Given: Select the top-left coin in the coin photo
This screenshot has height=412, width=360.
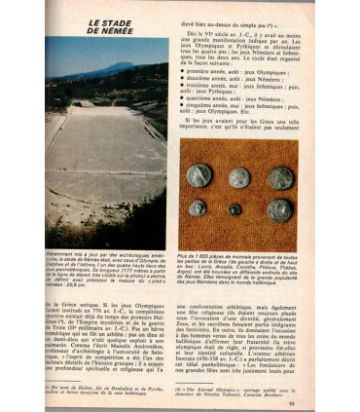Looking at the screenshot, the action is coord(199,174).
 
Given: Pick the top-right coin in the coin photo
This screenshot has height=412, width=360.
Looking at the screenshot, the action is coord(281,178).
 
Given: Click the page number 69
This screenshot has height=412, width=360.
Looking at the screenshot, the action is coord(306,392).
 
